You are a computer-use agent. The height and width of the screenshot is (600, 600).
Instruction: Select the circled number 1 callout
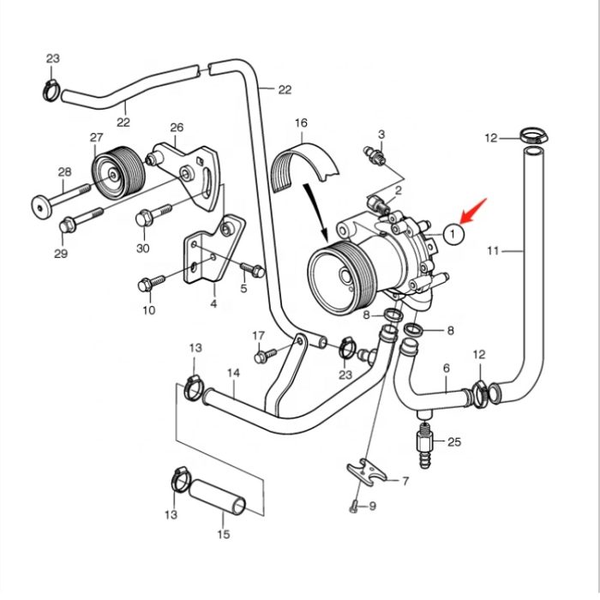point(455,232)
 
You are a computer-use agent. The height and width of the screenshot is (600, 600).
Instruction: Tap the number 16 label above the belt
point(301,123)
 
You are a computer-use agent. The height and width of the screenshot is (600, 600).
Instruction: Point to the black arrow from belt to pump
point(315,209)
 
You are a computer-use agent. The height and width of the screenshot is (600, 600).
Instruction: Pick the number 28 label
point(64,172)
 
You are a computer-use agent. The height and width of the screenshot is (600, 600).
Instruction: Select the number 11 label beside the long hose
point(492,250)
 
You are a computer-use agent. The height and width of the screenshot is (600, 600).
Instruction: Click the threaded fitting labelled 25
point(423,442)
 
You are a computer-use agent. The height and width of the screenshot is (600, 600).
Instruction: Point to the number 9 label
point(372,507)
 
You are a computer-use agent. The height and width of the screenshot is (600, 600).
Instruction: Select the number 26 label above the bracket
point(177,129)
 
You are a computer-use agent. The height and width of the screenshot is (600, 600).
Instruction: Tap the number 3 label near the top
point(381,134)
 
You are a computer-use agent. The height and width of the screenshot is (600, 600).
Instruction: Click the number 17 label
point(259,335)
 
